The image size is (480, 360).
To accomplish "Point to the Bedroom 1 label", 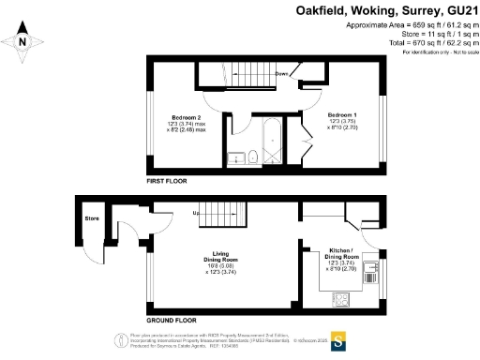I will pos(342,114).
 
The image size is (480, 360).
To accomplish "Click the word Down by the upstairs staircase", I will pos(281,73).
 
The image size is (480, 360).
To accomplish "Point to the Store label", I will pos(92,219).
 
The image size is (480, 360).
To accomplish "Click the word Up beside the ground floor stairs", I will pos(197,213).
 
